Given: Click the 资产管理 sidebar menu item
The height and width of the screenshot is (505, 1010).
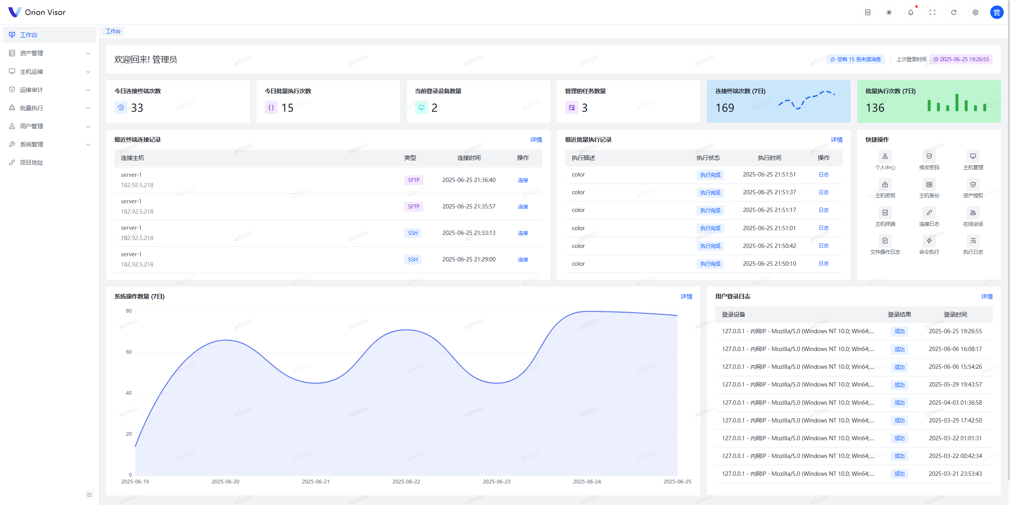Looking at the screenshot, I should coord(32,53).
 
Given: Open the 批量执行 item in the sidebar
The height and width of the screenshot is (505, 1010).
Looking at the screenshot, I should coord(32,108).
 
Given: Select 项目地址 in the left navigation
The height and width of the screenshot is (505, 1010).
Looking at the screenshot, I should coord(32,162).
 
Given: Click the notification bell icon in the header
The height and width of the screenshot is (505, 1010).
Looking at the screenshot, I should coord(910,12).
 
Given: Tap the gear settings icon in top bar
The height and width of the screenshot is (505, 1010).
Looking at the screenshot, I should coord(975,12).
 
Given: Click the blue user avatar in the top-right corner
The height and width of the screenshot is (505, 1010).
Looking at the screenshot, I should coord(997,12).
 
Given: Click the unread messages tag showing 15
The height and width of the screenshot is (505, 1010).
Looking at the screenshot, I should coord(855,59).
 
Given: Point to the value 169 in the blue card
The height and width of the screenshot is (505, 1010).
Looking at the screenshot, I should coord(725,108).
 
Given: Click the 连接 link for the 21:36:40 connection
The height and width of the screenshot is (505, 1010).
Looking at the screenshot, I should coord(523,180).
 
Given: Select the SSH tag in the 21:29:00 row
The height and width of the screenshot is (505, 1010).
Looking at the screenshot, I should coord(413,259).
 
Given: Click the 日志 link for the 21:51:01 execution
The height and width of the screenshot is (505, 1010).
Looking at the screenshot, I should coord(823,228).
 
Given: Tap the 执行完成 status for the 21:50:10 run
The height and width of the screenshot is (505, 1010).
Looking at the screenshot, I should coord(710,264).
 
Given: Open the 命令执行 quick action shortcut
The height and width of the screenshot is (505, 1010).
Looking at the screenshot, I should coord(929,245).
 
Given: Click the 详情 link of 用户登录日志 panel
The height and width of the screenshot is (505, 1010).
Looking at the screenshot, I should coord(987,297).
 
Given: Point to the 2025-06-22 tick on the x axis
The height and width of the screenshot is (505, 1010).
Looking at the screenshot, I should coord(406,481).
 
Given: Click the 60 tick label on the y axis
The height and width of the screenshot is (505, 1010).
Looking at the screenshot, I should coord(129,352).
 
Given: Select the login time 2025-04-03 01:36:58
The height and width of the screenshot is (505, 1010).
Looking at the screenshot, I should coord(955,402).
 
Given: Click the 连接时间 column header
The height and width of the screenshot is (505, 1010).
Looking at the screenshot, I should coord(469,158).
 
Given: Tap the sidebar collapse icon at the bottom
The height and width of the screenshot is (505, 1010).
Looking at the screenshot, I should coord(89,495).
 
